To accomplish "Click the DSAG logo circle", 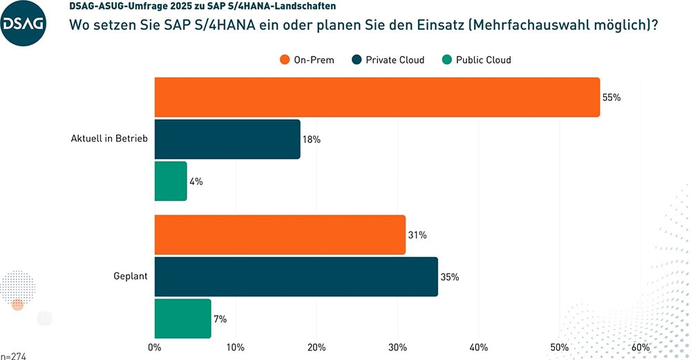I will [x=23, y=23].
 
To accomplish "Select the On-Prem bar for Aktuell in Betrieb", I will [x=377, y=97].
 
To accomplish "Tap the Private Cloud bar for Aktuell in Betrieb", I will [x=227, y=139].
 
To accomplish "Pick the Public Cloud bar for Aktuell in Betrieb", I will [x=171, y=181].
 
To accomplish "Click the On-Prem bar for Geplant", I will [x=280, y=235].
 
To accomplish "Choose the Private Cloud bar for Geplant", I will [x=296, y=276].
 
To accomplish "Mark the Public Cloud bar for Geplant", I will [x=182, y=319].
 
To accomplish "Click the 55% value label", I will [x=612, y=97].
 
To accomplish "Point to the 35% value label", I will [x=450, y=277].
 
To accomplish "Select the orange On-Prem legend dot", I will [x=285, y=60].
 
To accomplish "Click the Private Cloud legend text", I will [x=395, y=60].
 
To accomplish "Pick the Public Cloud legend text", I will [x=483, y=60].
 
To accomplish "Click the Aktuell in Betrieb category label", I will [x=109, y=139].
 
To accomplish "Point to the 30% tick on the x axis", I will [x=397, y=347].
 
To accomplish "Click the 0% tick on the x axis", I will [x=155, y=347].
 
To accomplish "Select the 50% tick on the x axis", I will [x=559, y=347].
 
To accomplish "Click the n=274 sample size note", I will [x=14, y=356].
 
